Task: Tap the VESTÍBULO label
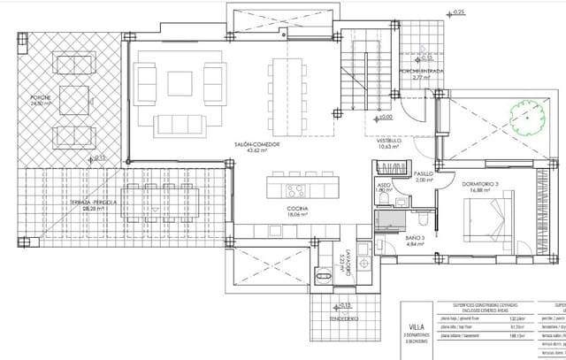pos(390,141)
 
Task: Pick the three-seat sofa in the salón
pos(180,120)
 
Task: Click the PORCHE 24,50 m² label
pos(41,100)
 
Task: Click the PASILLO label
pos(424,174)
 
